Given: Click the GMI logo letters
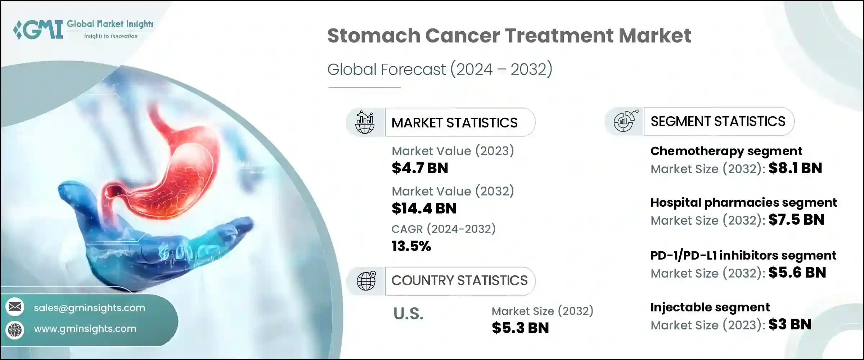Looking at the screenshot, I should point(39,30).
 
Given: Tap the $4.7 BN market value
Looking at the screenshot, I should point(420,168).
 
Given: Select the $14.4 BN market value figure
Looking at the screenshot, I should point(424,208).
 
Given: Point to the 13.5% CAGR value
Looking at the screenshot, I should point(411,246).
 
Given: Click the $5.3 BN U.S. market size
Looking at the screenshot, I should point(520,328).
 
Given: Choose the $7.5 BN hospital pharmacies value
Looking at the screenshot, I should point(796,220).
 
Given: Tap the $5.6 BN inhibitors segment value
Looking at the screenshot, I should point(797,273).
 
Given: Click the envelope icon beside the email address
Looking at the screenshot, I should point(15,307).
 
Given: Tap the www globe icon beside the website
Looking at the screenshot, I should point(15,329).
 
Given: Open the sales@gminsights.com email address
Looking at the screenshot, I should point(89,308).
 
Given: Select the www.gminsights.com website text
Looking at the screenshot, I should point(85,329).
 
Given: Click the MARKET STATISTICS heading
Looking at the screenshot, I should point(454,123).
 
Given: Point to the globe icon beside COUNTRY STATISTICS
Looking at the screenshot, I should point(366,281).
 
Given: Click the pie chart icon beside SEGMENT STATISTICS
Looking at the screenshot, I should point(625,121).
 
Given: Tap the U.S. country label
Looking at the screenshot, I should point(408,314).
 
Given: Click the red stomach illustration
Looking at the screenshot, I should point(173,162).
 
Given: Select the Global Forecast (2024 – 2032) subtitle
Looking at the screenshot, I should point(440,69).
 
